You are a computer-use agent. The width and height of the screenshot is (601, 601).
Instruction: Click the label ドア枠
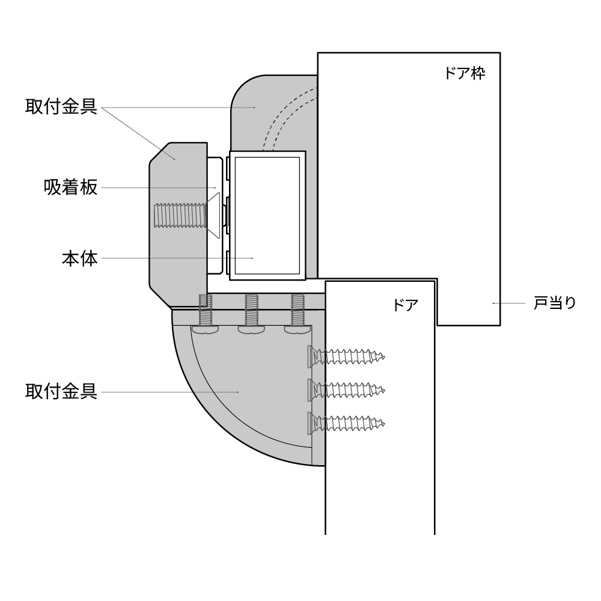tap(464, 74)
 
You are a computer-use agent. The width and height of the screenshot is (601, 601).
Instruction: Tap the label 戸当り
tap(555, 303)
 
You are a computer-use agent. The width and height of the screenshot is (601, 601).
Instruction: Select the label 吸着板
tap(70, 188)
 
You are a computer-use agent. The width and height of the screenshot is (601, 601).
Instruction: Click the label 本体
tap(79, 259)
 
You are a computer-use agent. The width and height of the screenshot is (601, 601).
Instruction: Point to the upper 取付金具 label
tap(61, 107)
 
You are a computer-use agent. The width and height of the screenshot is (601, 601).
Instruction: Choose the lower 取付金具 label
tap(61, 392)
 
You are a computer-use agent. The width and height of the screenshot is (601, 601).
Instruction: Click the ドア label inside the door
tap(405, 305)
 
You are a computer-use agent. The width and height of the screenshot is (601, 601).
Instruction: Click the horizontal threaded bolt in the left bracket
tap(179, 215)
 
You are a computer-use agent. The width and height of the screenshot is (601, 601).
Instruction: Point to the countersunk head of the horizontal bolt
tap(213, 214)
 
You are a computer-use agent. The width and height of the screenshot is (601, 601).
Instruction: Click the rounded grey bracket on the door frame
tap(252, 108)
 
